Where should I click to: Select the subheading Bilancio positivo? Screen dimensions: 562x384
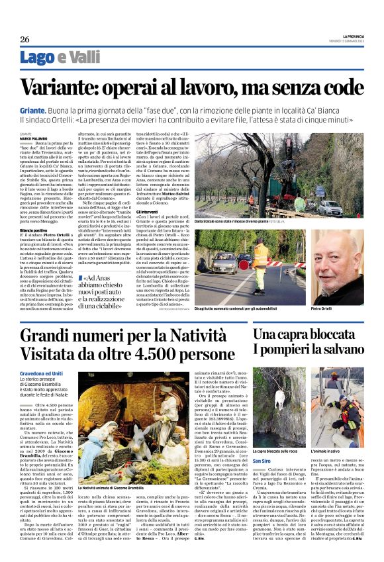(34, 230)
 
